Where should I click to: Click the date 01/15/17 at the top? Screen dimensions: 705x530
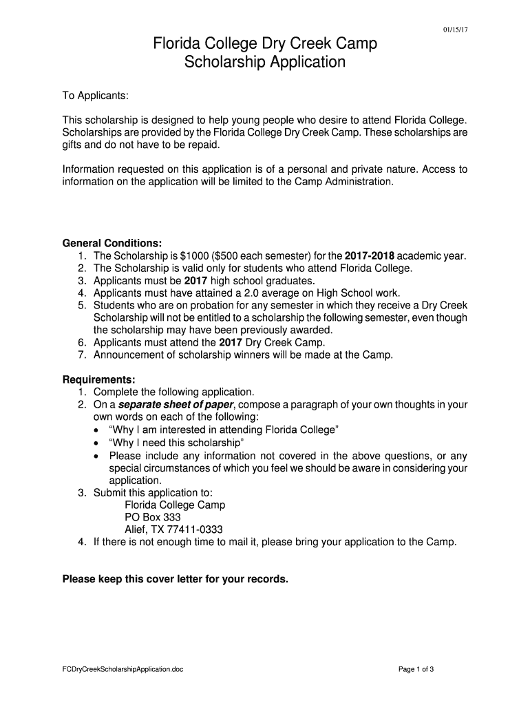pos(454,30)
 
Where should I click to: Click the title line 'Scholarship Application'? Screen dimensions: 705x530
pos(265,63)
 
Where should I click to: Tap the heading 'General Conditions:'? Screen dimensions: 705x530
pos(112,244)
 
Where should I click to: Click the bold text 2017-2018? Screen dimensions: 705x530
pos(372,256)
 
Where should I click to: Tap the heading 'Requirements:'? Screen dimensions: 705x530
pos(99,379)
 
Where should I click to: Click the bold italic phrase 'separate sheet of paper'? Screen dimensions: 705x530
pos(177,404)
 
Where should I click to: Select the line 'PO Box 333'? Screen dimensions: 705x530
pos(152,517)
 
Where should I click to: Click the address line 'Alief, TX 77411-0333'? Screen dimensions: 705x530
pos(173,529)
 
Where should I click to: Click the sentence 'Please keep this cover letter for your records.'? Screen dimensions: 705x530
pos(176,579)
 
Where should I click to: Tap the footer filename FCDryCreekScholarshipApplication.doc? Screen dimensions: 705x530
pos(123,669)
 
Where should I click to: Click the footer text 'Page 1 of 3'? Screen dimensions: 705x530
pos(416,669)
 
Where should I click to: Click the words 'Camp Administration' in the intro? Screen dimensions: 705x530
pos(343,182)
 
